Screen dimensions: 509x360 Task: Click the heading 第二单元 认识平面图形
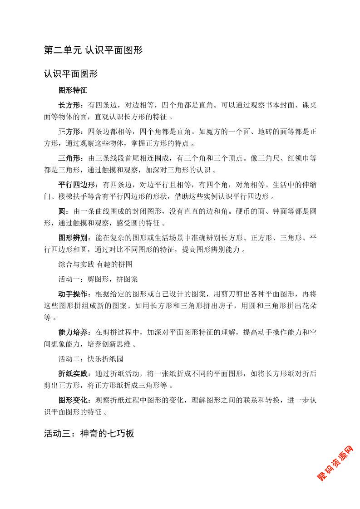pos(93,50)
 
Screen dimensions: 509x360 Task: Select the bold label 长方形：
pos(73,105)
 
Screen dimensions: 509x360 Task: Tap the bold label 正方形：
pos(73,132)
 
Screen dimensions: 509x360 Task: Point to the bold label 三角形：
pos(73,158)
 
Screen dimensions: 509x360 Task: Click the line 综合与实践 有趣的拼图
pos(95,264)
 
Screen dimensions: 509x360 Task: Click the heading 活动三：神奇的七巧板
pos(89,433)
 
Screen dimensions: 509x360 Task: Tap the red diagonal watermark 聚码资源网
pos(335,463)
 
